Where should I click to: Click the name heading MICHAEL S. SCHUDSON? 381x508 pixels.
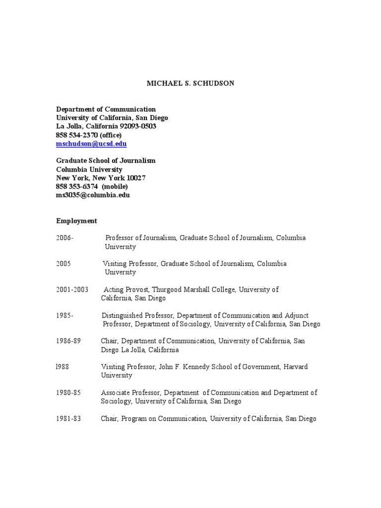click(190, 83)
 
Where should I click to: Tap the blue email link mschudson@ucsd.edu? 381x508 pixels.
click(91, 144)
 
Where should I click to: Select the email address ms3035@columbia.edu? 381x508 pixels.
click(93, 195)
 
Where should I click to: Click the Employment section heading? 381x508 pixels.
click(76, 221)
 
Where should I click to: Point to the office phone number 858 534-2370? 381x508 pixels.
click(77, 135)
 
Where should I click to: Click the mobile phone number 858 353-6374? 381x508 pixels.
click(77, 187)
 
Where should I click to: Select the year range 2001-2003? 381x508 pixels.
click(72, 290)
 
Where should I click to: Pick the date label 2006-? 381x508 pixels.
click(64, 238)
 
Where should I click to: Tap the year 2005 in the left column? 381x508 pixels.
click(63, 264)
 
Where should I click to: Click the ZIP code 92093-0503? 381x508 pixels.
click(138, 127)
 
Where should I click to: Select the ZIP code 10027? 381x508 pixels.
click(136, 178)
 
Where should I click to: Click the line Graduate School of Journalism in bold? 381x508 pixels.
click(106, 161)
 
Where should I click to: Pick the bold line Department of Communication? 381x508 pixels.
click(106, 109)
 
